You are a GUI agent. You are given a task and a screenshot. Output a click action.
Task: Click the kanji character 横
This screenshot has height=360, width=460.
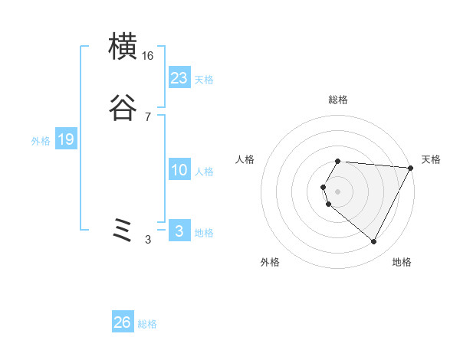point(123,47)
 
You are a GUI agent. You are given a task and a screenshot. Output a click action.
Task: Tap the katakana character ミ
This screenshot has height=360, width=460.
point(123,230)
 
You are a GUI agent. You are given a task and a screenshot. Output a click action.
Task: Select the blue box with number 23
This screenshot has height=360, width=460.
point(179,78)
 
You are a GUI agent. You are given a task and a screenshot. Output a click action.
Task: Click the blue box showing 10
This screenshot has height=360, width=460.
point(179,170)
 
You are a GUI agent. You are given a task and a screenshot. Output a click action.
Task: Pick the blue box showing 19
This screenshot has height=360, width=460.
point(65,139)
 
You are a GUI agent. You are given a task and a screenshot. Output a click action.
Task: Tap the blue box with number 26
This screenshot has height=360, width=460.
point(122,322)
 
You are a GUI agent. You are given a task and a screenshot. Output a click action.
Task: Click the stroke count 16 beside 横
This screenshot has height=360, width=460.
point(148,56)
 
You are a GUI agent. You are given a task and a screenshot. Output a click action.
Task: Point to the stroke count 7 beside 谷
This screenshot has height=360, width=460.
point(148,117)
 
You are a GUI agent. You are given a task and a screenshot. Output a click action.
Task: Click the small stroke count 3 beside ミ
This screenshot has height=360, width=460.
point(148,240)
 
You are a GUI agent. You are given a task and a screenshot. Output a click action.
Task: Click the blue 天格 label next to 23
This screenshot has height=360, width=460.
point(204,80)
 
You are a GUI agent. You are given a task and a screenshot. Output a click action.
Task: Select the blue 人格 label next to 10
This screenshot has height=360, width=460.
point(204,172)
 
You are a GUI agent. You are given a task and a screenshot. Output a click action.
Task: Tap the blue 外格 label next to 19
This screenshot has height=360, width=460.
point(41,141)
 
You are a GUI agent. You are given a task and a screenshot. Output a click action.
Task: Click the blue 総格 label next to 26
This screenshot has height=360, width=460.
point(147,324)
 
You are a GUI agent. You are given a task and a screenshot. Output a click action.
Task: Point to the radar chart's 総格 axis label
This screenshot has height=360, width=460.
point(338,100)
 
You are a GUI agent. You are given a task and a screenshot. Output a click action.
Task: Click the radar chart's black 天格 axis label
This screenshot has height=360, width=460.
point(431,159)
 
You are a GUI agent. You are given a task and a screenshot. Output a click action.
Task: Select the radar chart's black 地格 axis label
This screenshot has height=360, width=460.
point(402,262)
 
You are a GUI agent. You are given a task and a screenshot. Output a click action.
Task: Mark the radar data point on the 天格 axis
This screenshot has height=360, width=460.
point(411,168)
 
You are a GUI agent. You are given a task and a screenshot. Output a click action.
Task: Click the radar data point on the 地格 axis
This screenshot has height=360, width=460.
point(374,242)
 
